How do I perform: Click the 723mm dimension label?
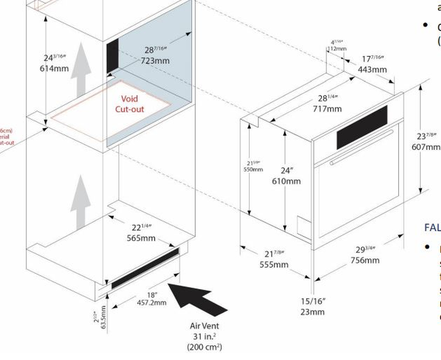tap(155, 61)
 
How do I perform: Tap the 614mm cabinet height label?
tap(54, 69)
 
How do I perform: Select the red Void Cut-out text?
tap(129, 104)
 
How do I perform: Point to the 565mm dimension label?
tap(141, 238)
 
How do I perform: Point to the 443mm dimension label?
tap(372, 70)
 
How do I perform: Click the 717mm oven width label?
tap(328, 108)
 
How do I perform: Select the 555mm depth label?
tap(274, 264)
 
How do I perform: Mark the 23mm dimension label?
tap(312, 312)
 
